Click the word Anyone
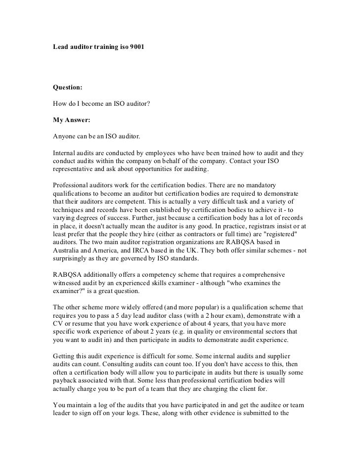[x=64, y=135]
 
